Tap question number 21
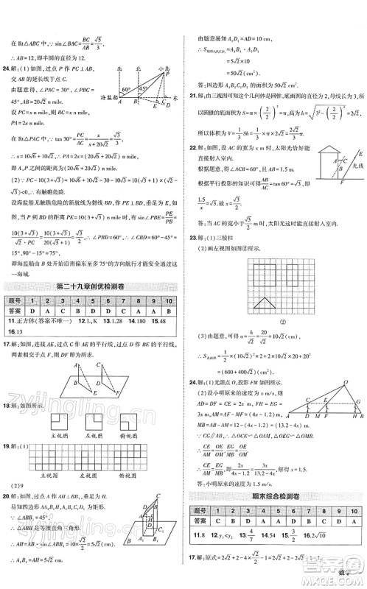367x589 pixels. pyautogui.click(x=193, y=95)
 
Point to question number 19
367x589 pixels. pyautogui.click(x=10, y=445)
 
